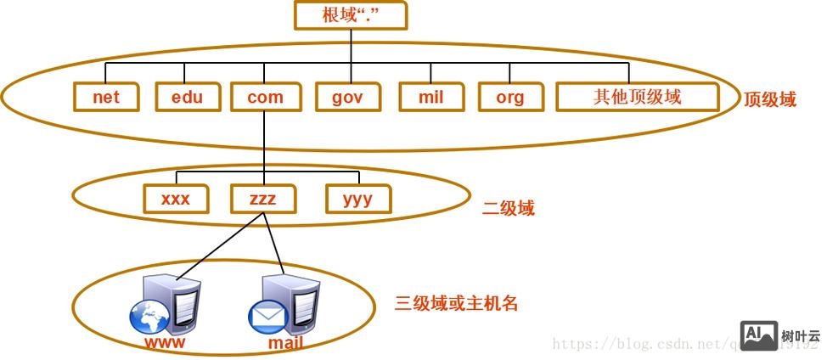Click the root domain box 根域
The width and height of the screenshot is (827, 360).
(x=350, y=15)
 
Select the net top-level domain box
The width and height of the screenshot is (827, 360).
(x=106, y=97)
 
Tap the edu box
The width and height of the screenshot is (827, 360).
(x=187, y=97)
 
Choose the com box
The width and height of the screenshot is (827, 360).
(x=265, y=97)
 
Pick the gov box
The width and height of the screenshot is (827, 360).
(x=347, y=97)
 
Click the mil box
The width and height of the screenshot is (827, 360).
(x=430, y=97)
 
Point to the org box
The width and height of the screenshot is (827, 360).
(x=509, y=97)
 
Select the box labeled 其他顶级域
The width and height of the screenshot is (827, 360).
(x=637, y=97)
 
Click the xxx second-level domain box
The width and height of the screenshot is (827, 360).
(x=175, y=199)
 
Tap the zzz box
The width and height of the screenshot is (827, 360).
(x=264, y=199)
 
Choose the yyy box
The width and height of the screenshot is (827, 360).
(x=359, y=199)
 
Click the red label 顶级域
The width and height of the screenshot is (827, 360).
(x=770, y=100)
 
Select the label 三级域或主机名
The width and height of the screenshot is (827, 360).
(x=456, y=303)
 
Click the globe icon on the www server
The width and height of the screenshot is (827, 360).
(x=150, y=320)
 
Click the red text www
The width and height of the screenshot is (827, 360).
(x=165, y=343)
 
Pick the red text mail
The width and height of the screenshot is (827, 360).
(x=285, y=344)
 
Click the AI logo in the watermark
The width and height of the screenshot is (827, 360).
(x=758, y=335)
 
